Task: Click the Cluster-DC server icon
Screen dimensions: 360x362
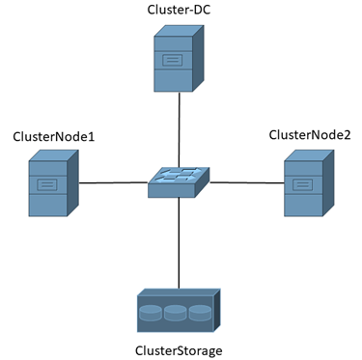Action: point(179,59)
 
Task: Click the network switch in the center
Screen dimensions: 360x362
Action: point(179,181)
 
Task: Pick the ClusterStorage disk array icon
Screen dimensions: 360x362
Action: point(179,310)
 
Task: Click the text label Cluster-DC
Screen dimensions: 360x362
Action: point(180,10)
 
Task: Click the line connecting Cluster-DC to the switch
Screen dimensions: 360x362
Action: point(179,130)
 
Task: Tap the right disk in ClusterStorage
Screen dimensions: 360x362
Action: point(200,314)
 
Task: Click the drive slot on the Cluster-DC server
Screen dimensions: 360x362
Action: point(173,61)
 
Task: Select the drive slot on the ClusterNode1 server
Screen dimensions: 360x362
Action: point(45,183)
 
